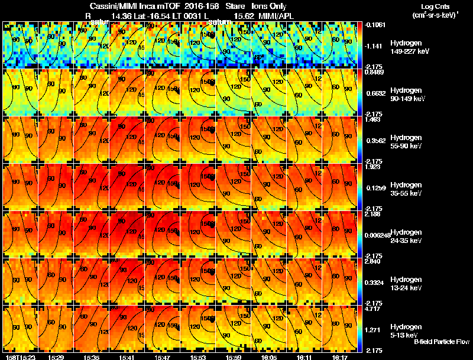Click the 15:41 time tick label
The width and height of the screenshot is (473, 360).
tap(127, 357)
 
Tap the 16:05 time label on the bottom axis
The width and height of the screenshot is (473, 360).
tap(269, 357)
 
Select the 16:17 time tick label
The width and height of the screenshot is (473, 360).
tap(340, 357)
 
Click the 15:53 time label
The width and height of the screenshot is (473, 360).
tap(198, 357)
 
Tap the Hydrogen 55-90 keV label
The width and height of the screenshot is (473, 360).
tap(407, 141)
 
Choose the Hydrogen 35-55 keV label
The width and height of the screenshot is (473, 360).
tap(407, 189)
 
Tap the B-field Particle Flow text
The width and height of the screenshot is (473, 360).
tap(441, 342)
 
